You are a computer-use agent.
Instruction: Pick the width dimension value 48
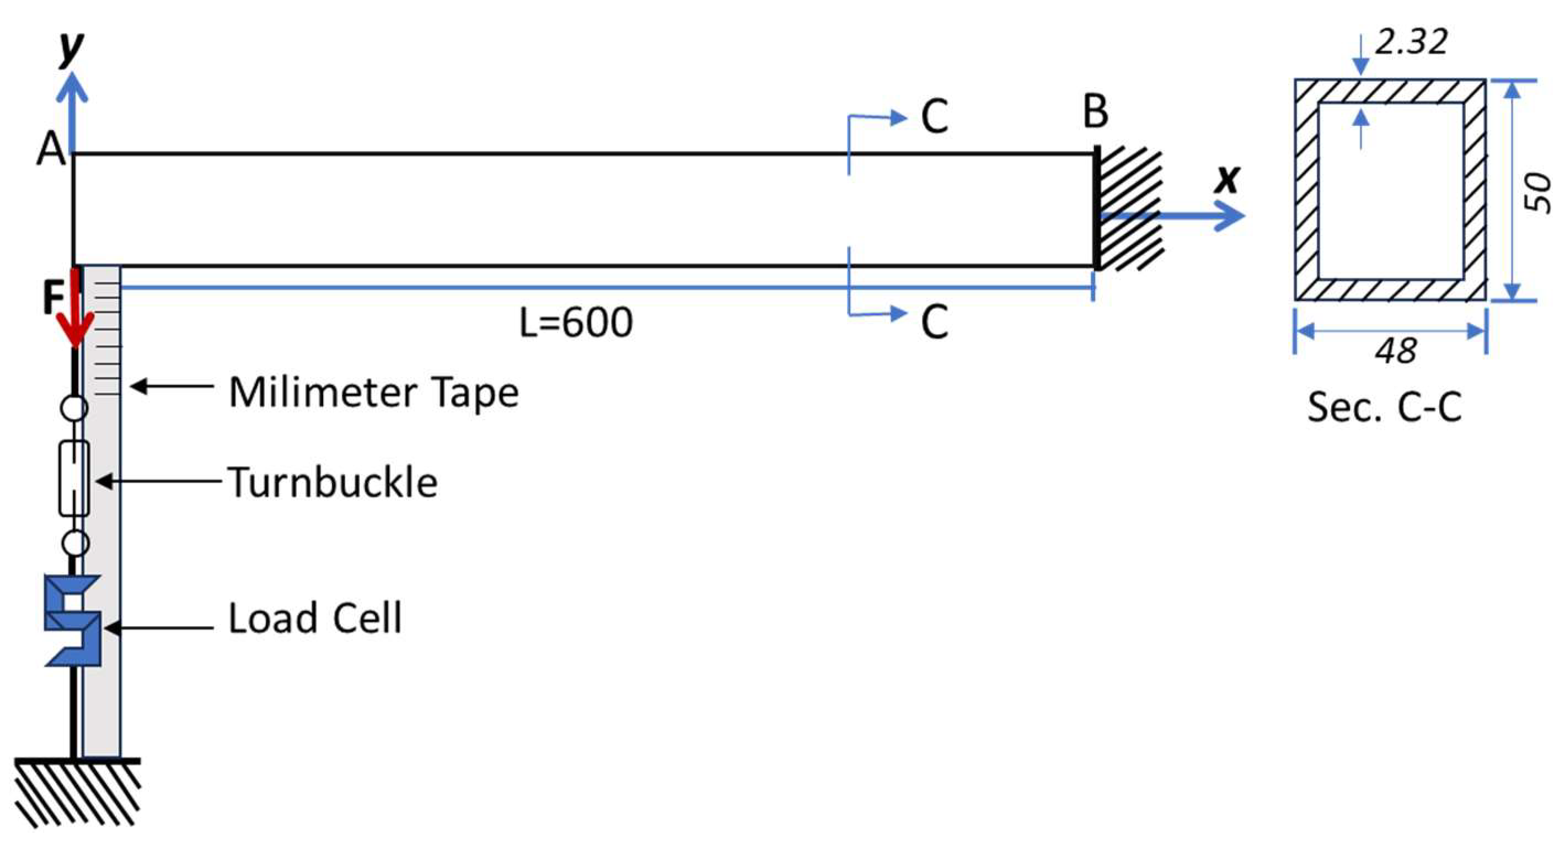[x=1395, y=351]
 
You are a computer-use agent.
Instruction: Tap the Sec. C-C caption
[x=1385, y=407]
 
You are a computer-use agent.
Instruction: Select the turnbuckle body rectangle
[x=74, y=478]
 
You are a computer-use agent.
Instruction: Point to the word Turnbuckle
[x=333, y=483]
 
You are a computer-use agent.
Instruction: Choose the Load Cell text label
[x=315, y=618]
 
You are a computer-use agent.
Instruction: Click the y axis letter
[x=71, y=47]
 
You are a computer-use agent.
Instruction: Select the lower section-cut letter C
[x=934, y=322]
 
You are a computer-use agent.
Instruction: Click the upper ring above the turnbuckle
[x=74, y=407]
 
